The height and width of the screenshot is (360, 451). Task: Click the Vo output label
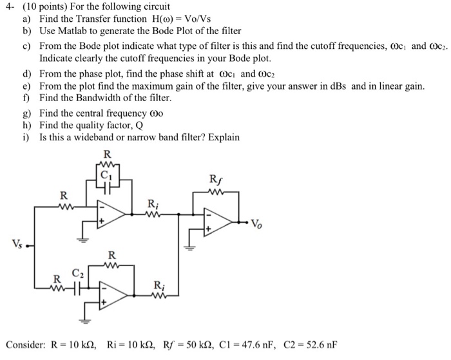coord(256,225)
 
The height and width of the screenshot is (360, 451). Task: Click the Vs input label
coord(17,243)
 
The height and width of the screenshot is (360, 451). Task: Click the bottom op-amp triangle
coord(111,295)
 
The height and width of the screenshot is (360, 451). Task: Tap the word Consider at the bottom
coord(24,343)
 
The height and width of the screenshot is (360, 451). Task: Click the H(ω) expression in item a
coord(144,19)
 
